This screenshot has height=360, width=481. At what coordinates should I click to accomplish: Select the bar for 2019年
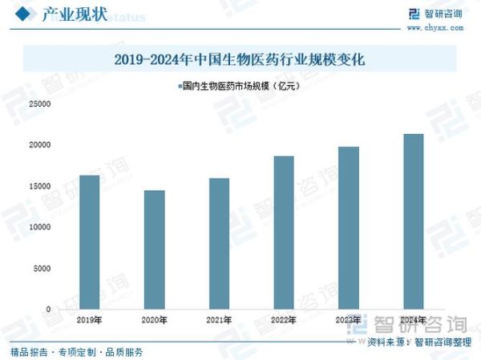pos(90,241)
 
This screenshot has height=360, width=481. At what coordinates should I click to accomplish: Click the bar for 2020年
pos(154,249)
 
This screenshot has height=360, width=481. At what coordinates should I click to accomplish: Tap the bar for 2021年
pos(219,243)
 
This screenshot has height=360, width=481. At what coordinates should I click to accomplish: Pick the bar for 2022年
pos(283,232)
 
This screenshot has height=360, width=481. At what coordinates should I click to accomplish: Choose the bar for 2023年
pos(348,228)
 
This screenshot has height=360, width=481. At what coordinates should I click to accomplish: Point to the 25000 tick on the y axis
pos(40,104)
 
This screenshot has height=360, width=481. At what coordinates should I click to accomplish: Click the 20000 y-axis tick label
pos(40,145)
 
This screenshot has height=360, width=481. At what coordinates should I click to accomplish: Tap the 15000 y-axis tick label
pos(40,186)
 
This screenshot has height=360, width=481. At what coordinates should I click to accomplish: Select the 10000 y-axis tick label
pos(40,227)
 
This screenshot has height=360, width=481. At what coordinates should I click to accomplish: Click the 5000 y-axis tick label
pos(42,268)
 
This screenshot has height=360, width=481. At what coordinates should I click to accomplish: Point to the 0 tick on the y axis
pos(48,309)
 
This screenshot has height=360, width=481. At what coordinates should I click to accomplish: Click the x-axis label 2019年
pos(90,320)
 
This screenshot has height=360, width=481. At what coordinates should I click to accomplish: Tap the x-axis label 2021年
pos(219,320)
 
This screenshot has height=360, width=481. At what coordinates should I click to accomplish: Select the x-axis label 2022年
pos(283,320)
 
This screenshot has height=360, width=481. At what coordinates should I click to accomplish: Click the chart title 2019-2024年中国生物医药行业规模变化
pos(240,59)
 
